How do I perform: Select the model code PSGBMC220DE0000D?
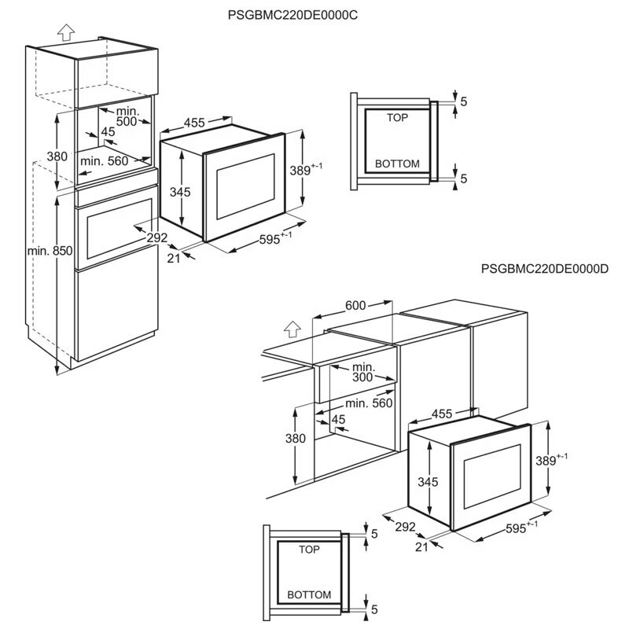click(546, 269)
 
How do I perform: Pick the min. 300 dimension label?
click(362, 373)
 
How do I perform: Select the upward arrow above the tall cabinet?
click(66, 32)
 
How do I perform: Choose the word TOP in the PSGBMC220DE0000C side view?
click(398, 117)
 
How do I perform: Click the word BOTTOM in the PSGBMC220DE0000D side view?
click(308, 594)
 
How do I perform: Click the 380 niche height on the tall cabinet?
click(57, 156)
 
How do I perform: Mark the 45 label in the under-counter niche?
click(340, 420)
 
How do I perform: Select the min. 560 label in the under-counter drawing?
click(368, 403)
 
